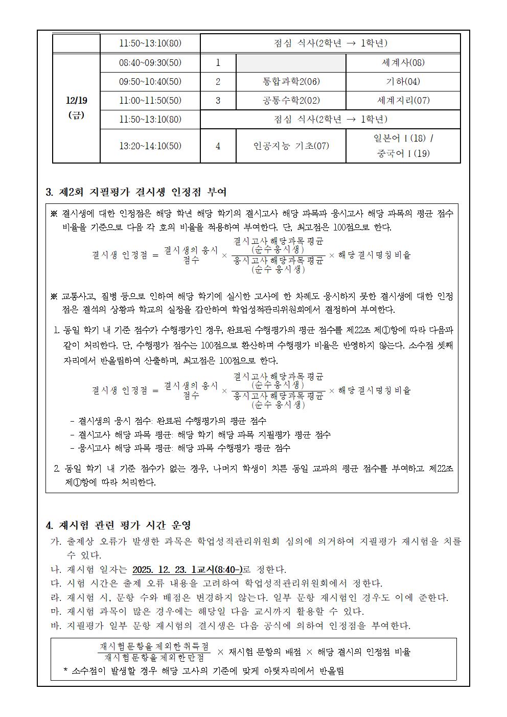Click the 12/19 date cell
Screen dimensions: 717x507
pyautogui.click(x=76, y=108)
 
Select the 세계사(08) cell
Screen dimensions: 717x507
pyautogui.click(x=403, y=63)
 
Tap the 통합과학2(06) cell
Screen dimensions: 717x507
pyautogui.click(x=290, y=82)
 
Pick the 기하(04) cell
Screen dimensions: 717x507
pyautogui.click(x=403, y=82)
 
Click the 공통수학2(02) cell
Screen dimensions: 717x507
pyautogui.click(x=290, y=101)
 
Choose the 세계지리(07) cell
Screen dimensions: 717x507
pyautogui.click(x=403, y=101)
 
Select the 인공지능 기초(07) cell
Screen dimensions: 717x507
pyautogui.click(x=291, y=146)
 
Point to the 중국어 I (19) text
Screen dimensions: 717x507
pyautogui.click(x=403, y=153)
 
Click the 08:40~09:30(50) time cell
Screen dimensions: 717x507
pyautogui.click(x=150, y=63)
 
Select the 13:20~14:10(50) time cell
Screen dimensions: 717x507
pyautogui.click(x=150, y=146)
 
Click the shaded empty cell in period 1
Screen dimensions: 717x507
pyautogui.click(x=290, y=63)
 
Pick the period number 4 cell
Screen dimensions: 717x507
pyautogui.click(x=218, y=146)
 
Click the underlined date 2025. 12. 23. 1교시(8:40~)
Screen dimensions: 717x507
pyautogui.click(x=187, y=569)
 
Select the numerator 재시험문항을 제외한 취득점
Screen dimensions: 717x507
pyautogui.click(x=154, y=646)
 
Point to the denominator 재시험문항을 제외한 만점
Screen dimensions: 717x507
pyautogui.click(x=154, y=658)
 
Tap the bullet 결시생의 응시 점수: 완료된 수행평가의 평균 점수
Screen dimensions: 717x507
pyautogui.click(x=168, y=421)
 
